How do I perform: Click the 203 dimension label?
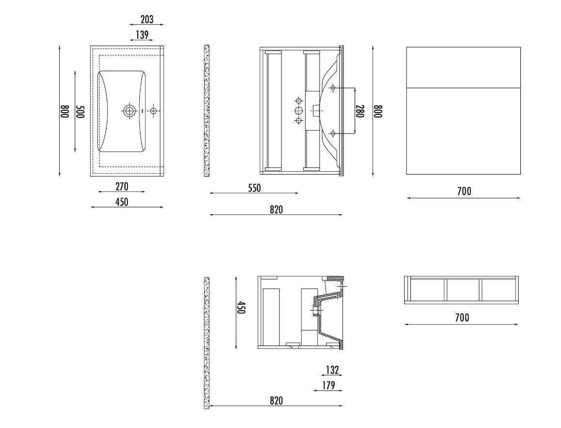[147, 19]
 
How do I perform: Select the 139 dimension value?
[142, 35]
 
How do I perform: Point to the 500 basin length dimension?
[80, 112]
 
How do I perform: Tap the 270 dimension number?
[122, 186]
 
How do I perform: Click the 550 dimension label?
[254, 188]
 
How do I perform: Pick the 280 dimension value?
[360, 111]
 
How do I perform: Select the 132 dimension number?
[332, 370]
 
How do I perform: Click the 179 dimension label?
[328, 385]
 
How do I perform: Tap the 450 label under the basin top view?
[122, 202]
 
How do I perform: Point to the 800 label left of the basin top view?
[64, 111]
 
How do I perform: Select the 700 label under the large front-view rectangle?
[464, 191]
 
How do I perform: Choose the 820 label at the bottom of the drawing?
[276, 400]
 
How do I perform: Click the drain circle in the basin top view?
[129, 111]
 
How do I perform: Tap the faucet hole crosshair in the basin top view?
[153, 111]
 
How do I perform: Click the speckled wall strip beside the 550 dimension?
[206, 111]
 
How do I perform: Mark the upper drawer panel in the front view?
[463, 67]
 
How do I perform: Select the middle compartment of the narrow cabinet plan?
[463, 290]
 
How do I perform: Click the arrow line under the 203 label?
[146, 25]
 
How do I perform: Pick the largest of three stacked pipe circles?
[299, 111]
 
